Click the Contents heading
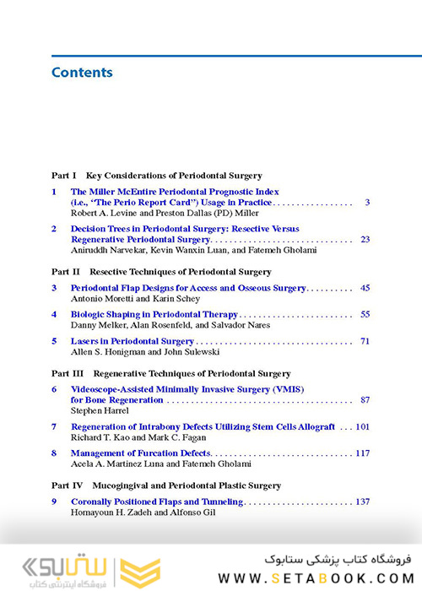click(x=82, y=73)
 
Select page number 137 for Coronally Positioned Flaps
click(x=362, y=502)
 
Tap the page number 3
click(x=367, y=203)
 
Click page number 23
click(x=365, y=240)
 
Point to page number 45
click(x=365, y=288)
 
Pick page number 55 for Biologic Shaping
click(x=365, y=314)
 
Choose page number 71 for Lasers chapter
click(x=365, y=341)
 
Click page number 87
click(x=365, y=400)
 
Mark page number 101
click(x=362, y=427)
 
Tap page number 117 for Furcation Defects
click(x=362, y=453)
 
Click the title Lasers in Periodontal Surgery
click(x=133, y=341)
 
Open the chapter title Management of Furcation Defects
click(x=141, y=453)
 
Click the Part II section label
click(x=66, y=272)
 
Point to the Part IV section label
click(x=66, y=485)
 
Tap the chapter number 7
click(x=54, y=427)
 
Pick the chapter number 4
click(x=54, y=314)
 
